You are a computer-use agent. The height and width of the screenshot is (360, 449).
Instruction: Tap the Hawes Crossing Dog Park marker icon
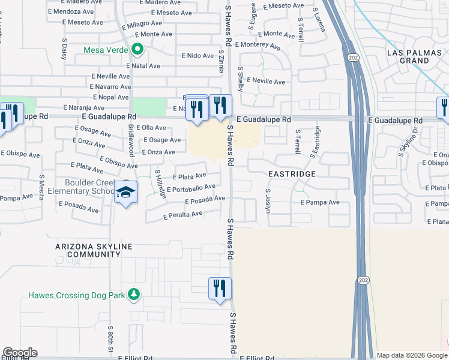(134, 295)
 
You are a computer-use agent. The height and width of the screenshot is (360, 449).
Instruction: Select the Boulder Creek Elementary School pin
(125, 193)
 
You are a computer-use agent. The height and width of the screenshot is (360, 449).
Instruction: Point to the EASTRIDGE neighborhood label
(291, 173)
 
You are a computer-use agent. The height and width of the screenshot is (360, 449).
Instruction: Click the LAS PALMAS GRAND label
(408, 56)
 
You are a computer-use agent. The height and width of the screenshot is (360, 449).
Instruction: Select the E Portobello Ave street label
(191, 189)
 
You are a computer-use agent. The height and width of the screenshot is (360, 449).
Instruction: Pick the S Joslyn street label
(268, 196)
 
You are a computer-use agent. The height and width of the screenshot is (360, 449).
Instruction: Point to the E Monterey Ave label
(258, 45)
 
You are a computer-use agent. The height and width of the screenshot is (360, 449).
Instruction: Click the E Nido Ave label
(198, 56)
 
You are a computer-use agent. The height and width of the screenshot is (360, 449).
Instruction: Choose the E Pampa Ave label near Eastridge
(320, 203)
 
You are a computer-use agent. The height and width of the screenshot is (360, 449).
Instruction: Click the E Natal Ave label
(142, 66)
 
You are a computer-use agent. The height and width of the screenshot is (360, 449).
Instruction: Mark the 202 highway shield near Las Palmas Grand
(352, 56)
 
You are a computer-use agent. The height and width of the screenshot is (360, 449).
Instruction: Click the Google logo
(20, 353)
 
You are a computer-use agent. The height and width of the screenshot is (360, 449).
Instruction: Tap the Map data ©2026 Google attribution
(411, 355)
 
